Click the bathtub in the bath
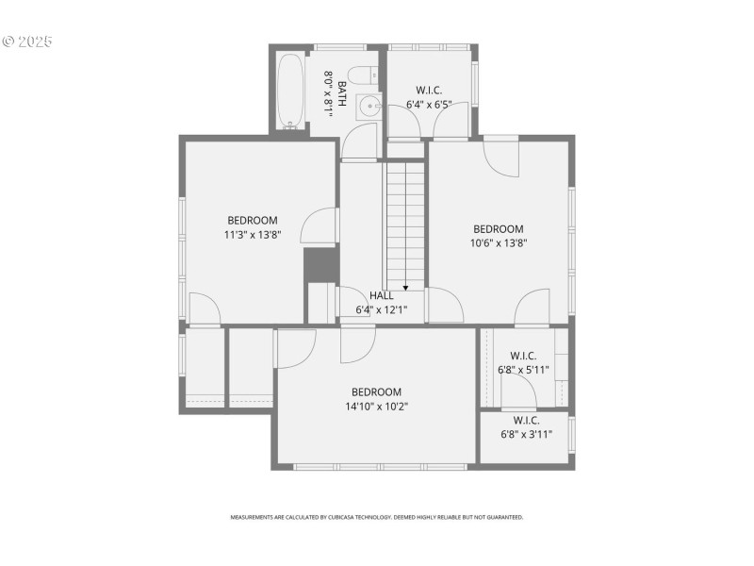(291, 91)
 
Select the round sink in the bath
(372, 108)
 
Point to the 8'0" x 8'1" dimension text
(329, 94)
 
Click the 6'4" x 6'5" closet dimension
(429, 104)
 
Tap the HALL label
(382, 295)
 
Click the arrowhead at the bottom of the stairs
(405, 287)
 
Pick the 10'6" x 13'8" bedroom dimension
(498, 242)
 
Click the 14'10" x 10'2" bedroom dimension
(376, 406)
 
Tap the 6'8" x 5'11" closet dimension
(523, 370)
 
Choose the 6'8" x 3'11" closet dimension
(526, 434)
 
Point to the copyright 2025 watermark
(27, 42)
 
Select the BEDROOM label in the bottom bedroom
(376, 392)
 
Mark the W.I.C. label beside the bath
(429, 91)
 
